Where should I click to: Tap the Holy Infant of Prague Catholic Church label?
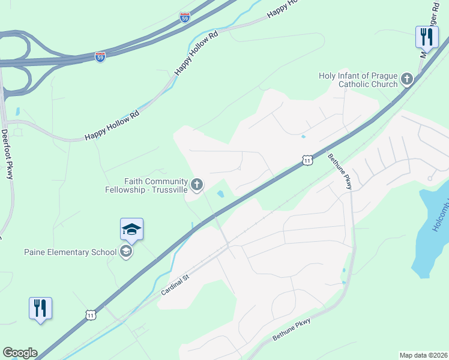[x=359, y=80]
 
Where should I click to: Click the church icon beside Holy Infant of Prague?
[x=407, y=79]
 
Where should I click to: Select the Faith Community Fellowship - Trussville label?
[x=155, y=185]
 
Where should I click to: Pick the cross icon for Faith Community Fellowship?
[x=197, y=183]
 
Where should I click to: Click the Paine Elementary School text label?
[x=70, y=251]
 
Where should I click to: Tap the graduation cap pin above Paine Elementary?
[x=131, y=229]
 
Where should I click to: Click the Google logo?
[x=20, y=353]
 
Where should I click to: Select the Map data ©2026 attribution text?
[x=423, y=355]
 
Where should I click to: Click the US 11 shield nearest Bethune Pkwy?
[x=307, y=160]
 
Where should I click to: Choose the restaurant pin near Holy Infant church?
[x=426, y=37]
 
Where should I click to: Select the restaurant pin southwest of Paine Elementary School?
[x=40, y=308]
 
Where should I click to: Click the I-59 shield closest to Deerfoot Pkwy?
[x=100, y=57]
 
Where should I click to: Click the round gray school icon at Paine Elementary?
[x=126, y=251]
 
